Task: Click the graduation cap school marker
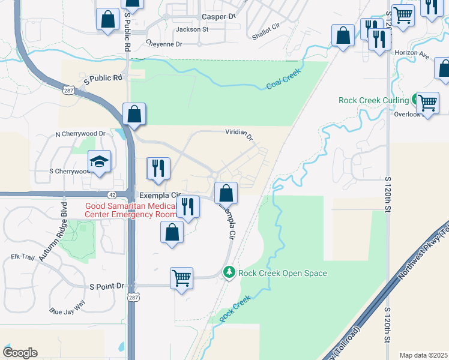pyautogui.click(x=100, y=161)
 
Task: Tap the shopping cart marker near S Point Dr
pyautogui.click(x=181, y=278)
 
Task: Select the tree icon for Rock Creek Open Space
pyautogui.click(x=229, y=273)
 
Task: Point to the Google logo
pyautogui.click(x=20, y=353)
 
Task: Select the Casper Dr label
pyautogui.click(x=218, y=16)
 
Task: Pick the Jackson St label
pyautogui.click(x=191, y=29)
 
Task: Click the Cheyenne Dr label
pyautogui.click(x=164, y=44)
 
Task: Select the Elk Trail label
pyautogui.click(x=23, y=257)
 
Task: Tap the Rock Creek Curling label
pyautogui.click(x=373, y=101)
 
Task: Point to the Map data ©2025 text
pyautogui.click(x=424, y=355)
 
